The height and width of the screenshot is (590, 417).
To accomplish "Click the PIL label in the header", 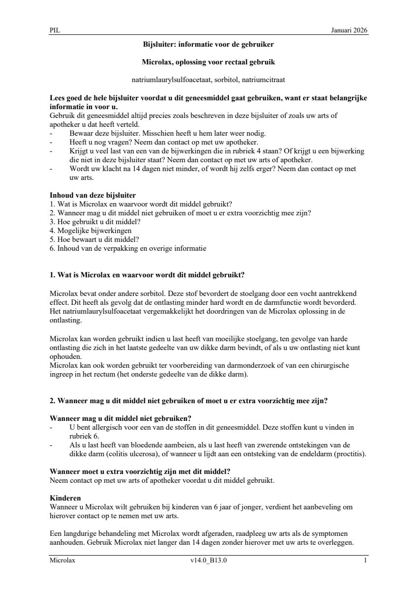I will [54, 30].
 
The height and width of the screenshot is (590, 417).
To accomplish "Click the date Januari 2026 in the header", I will [349, 30].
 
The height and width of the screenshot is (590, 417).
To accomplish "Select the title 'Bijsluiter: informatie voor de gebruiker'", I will [208, 44].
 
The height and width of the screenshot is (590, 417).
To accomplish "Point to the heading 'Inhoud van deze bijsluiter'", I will [93, 195].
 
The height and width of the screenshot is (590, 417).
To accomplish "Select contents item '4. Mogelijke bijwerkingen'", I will [90, 230].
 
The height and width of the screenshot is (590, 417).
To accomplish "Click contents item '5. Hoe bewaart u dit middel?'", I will [94, 239].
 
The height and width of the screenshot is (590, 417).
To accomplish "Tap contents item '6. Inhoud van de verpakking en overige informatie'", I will [128, 248].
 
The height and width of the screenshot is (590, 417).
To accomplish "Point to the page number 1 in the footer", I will [365, 560].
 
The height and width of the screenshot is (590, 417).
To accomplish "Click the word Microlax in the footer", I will [62, 560].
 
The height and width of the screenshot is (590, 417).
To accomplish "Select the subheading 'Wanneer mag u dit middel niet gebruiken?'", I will [120, 418].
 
